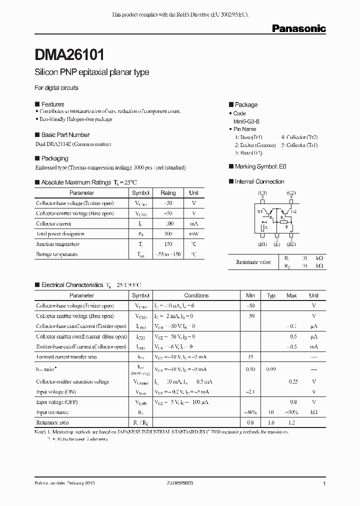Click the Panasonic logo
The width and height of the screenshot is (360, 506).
tap(298, 29)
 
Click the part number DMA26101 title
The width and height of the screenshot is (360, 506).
tap(69, 53)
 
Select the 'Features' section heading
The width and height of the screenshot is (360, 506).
tap(52, 104)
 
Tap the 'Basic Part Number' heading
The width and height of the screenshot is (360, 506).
tap(65, 135)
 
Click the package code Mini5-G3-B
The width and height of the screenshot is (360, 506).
tap(246, 121)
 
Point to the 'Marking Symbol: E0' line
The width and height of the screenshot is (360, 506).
tap(260, 166)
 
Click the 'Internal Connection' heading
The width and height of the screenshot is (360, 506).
tap(259, 181)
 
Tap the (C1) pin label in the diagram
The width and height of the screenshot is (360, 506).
tap(262, 193)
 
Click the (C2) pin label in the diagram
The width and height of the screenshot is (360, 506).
tap(291, 193)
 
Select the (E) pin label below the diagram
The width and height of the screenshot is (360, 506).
tap(276, 244)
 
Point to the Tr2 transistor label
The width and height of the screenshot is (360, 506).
tap(294, 211)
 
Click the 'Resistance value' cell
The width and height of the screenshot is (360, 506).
tap(253, 262)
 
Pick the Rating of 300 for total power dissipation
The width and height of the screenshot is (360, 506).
tap(168, 234)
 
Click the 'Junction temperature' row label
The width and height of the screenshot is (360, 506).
tap(57, 244)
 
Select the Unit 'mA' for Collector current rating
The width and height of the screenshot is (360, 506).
tap(194, 223)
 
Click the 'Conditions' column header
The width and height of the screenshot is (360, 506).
tap(196, 295)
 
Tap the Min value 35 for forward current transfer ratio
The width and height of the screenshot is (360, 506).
tap(251, 357)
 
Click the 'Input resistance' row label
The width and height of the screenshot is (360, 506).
tap(52, 412)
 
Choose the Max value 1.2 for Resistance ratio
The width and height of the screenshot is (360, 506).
tap(291, 422)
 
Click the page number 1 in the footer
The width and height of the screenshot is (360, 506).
tap(324, 484)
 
